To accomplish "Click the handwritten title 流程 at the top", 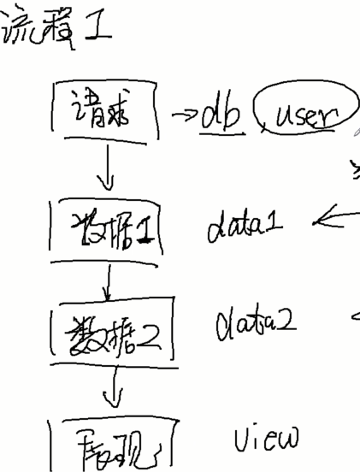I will pyautogui.click(x=47, y=32).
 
